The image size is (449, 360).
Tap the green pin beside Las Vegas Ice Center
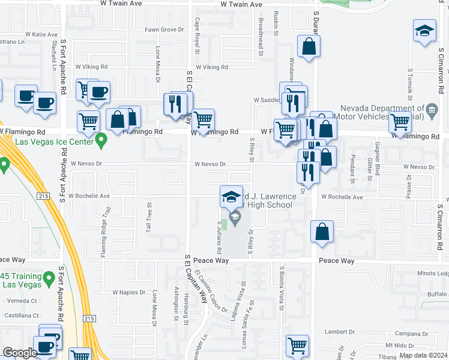(101, 142)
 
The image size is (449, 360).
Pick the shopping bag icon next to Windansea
(309, 48)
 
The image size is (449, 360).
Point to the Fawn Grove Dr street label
(164, 29)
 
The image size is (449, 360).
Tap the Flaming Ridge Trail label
(106, 230)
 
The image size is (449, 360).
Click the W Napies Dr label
(129, 292)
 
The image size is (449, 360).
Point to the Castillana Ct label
(20, 315)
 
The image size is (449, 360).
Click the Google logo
(20, 353)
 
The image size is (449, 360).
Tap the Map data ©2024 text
(423, 355)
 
